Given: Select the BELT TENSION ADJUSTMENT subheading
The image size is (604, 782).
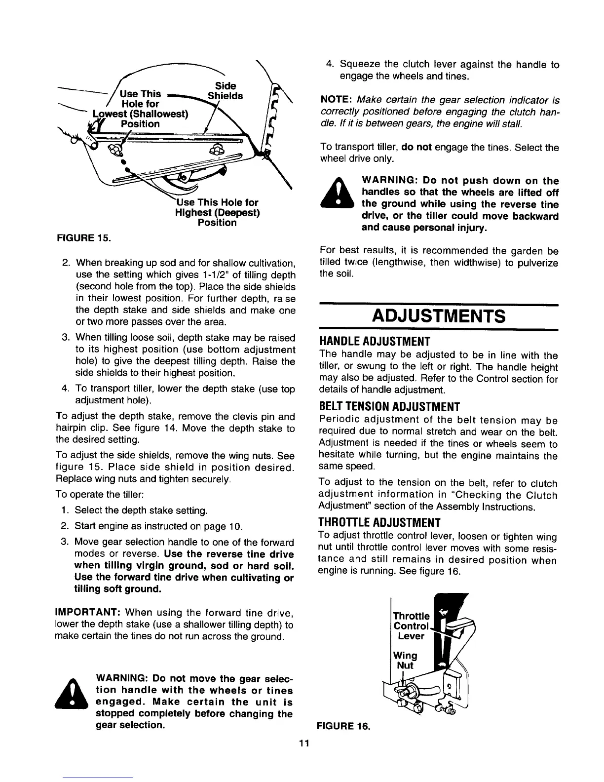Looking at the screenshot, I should coord(390,407).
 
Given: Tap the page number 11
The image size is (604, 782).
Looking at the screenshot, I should coord(303,744).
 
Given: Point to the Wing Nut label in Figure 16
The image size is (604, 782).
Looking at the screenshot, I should coord(406,660).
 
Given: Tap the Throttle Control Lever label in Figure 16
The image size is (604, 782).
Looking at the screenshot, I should coord(411,626).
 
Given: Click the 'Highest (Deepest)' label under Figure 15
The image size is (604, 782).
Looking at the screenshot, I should coord(218,213).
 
